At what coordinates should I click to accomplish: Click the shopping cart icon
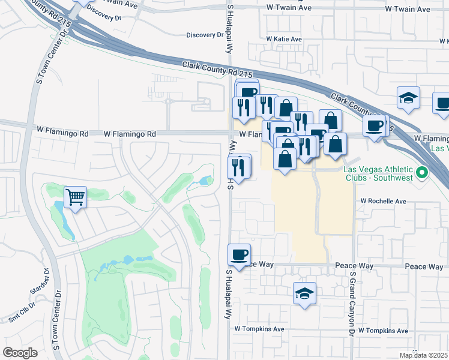click(x=76, y=196)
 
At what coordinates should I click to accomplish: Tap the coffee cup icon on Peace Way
click(x=240, y=254)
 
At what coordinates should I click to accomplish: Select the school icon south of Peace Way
click(x=305, y=294)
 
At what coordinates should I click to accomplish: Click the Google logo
click(x=20, y=353)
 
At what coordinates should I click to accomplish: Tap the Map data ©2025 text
click(x=423, y=355)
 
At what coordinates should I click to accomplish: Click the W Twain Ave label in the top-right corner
click(x=408, y=9)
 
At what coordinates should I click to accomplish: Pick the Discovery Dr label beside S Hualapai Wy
click(x=205, y=35)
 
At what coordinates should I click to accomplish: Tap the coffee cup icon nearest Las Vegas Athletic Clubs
click(x=375, y=126)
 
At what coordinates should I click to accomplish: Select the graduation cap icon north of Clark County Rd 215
click(x=408, y=98)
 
